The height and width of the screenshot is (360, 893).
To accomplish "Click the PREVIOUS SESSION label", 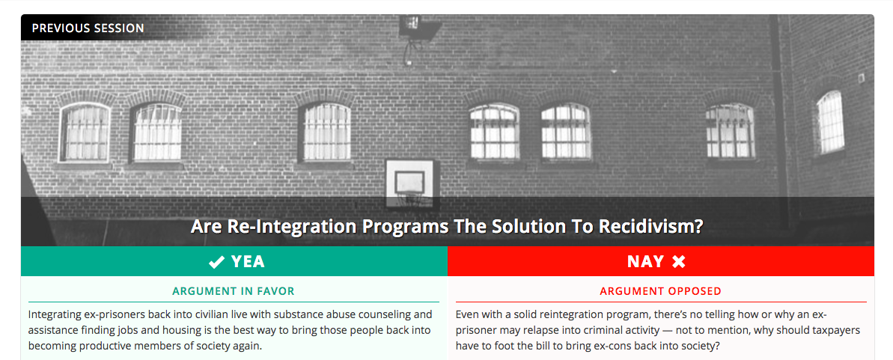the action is coord(88,28).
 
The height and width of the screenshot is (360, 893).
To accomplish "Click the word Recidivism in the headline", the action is coord(651,226).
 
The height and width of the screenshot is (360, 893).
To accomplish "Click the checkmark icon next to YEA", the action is coord(217,261).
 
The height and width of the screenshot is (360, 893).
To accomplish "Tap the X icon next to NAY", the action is coord(678,261).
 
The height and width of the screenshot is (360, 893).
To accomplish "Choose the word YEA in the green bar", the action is coord(248,261).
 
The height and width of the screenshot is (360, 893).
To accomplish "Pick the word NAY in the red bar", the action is coord(646,261).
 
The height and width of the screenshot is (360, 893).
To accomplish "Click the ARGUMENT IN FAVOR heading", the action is coord(234,291).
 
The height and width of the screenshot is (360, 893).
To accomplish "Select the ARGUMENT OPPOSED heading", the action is coord(661,291).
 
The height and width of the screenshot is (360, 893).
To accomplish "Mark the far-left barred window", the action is coord(85,132).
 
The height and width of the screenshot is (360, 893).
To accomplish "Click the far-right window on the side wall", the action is coord(830,121).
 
